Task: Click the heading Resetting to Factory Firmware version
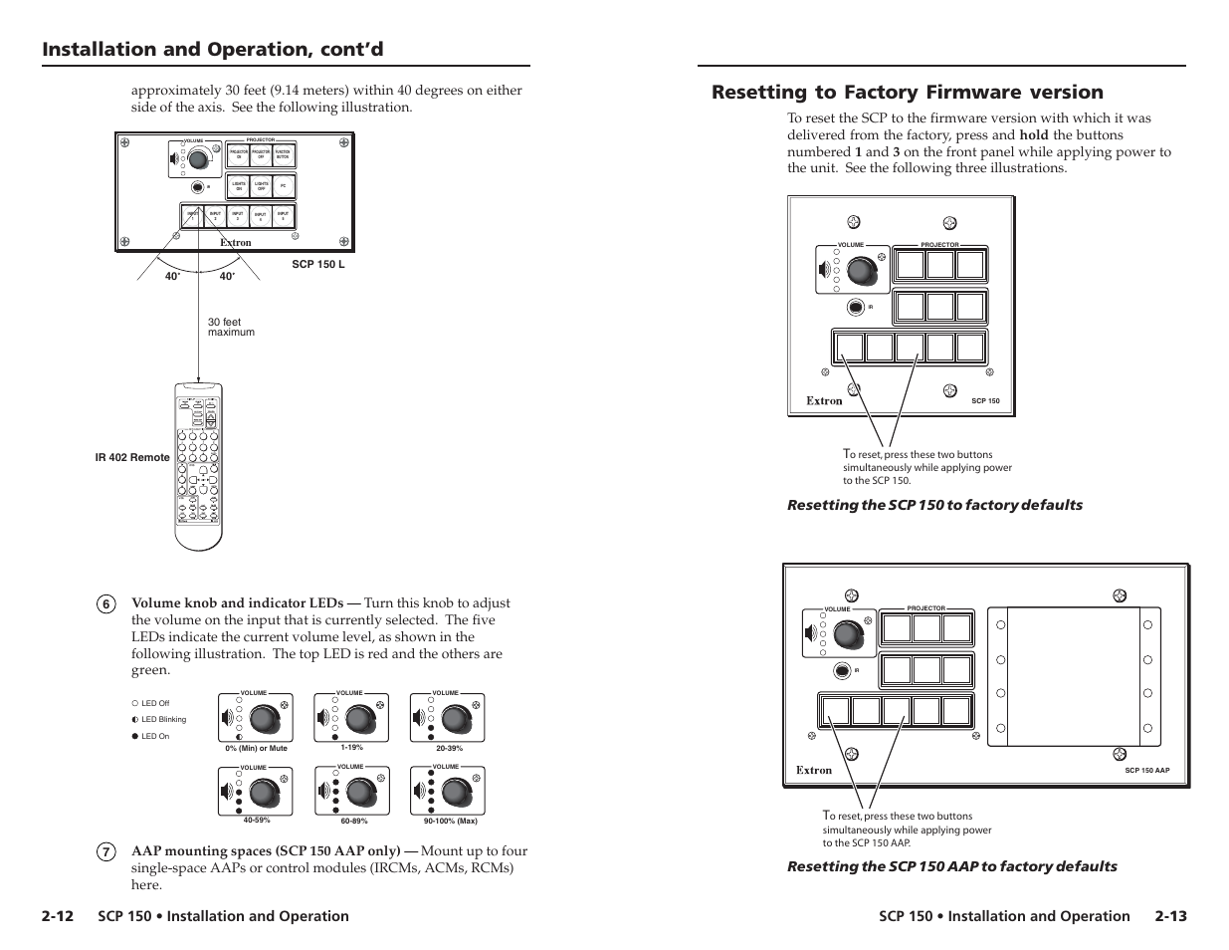(x=907, y=93)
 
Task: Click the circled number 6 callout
(x=106, y=603)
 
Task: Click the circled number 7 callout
(x=106, y=852)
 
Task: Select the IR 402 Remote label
(x=132, y=458)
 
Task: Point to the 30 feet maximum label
(x=231, y=328)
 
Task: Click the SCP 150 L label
(x=318, y=266)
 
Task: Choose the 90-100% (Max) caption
(x=450, y=822)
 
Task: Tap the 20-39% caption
(x=450, y=748)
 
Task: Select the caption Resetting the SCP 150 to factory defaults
(x=934, y=505)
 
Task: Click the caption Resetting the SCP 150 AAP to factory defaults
(x=951, y=866)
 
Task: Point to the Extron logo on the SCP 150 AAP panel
(x=814, y=770)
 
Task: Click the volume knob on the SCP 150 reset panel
(x=862, y=269)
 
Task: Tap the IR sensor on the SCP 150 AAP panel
(x=843, y=670)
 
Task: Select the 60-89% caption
(x=354, y=822)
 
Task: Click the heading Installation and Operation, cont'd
(x=213, y=50)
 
